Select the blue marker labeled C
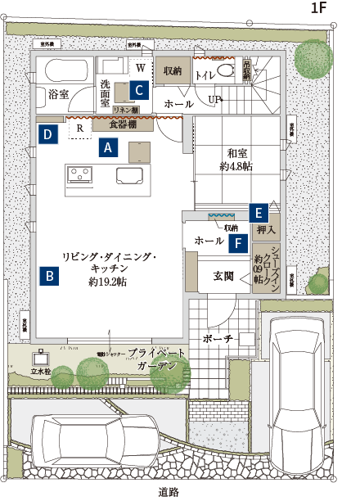click(140, 89)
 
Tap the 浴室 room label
click(58, 96)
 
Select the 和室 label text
click(236, 152)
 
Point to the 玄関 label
click(223, 276)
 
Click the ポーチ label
click(217, 339)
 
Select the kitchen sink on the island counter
click(130, 177)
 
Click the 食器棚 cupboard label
click(123, 125)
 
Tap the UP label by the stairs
click(214, 99)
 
